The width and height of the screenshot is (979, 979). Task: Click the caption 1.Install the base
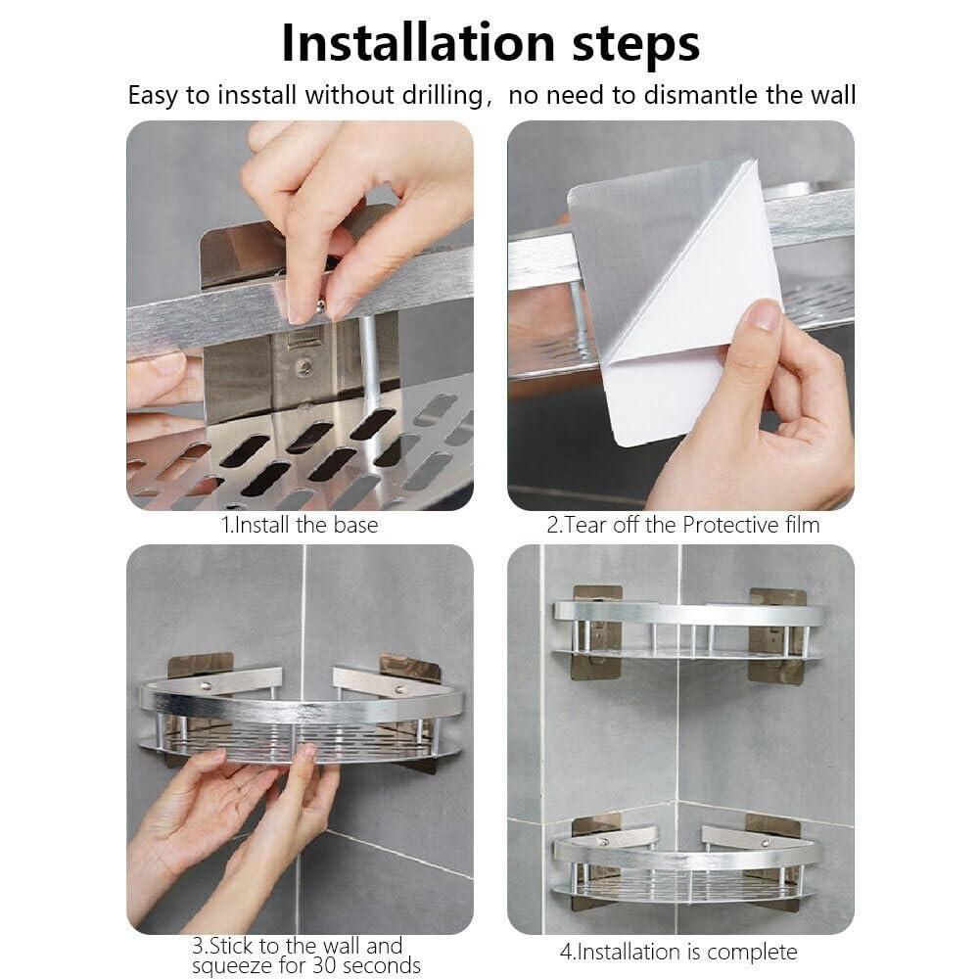[300, 525]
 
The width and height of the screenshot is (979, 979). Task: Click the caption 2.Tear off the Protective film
[682, 525]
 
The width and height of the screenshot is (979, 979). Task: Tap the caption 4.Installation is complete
[677, 951]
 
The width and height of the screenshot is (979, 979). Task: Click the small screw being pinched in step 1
[319, 307]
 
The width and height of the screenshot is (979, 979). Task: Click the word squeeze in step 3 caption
[232, 966]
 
